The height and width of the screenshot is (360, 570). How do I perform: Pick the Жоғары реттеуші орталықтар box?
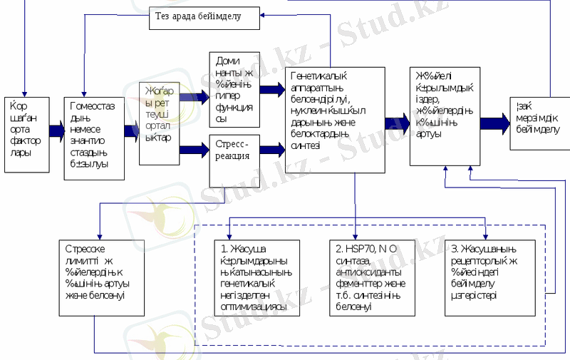tap(160, 123)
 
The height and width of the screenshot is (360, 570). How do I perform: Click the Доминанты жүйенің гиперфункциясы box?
tap(234, 90)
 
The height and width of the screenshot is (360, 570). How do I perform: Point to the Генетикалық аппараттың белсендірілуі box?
tap(335, 120)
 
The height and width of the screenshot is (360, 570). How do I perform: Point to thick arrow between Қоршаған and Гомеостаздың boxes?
tap(56, 131)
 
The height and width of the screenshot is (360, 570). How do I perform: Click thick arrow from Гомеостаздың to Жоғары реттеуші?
tap(131, 131)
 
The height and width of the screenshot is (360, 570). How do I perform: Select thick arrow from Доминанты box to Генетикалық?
tap(271, 90)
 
